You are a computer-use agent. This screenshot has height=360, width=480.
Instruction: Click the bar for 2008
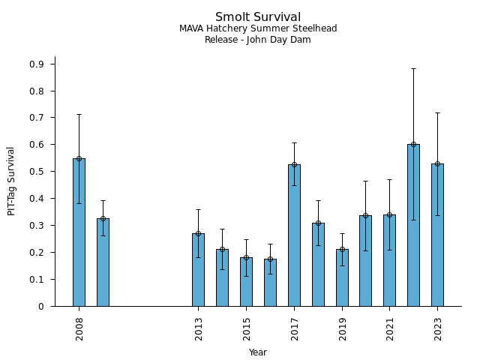(x=79, y=232)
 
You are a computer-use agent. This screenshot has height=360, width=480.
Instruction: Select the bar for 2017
(x=294, y=235)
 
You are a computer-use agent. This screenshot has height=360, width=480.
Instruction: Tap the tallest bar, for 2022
(x=413, y=225)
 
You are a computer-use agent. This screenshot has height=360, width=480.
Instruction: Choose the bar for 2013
(x=198, y=270)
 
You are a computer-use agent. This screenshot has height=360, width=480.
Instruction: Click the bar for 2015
(x=246, y=282)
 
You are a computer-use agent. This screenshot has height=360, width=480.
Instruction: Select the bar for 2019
(x=342, y=277)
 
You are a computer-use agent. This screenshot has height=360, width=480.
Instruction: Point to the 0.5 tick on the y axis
(x=37, y=172)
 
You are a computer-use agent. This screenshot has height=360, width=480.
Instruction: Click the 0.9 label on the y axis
(x=37, y=64)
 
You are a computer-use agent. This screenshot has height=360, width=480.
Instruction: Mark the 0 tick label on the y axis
(x=41, y=306)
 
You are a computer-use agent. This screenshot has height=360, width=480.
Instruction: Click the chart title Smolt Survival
(x=258, y=17)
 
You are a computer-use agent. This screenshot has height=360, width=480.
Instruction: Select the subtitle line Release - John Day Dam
(x=258, y=40)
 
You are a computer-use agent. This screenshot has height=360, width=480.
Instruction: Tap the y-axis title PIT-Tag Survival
(x=11, y=181)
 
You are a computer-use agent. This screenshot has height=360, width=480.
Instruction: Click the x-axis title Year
(x=258, y=352)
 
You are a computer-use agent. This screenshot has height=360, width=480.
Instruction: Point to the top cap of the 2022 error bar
(x=413, y=68)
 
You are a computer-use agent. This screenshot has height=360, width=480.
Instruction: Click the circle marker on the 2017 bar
(x=294, y=164)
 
